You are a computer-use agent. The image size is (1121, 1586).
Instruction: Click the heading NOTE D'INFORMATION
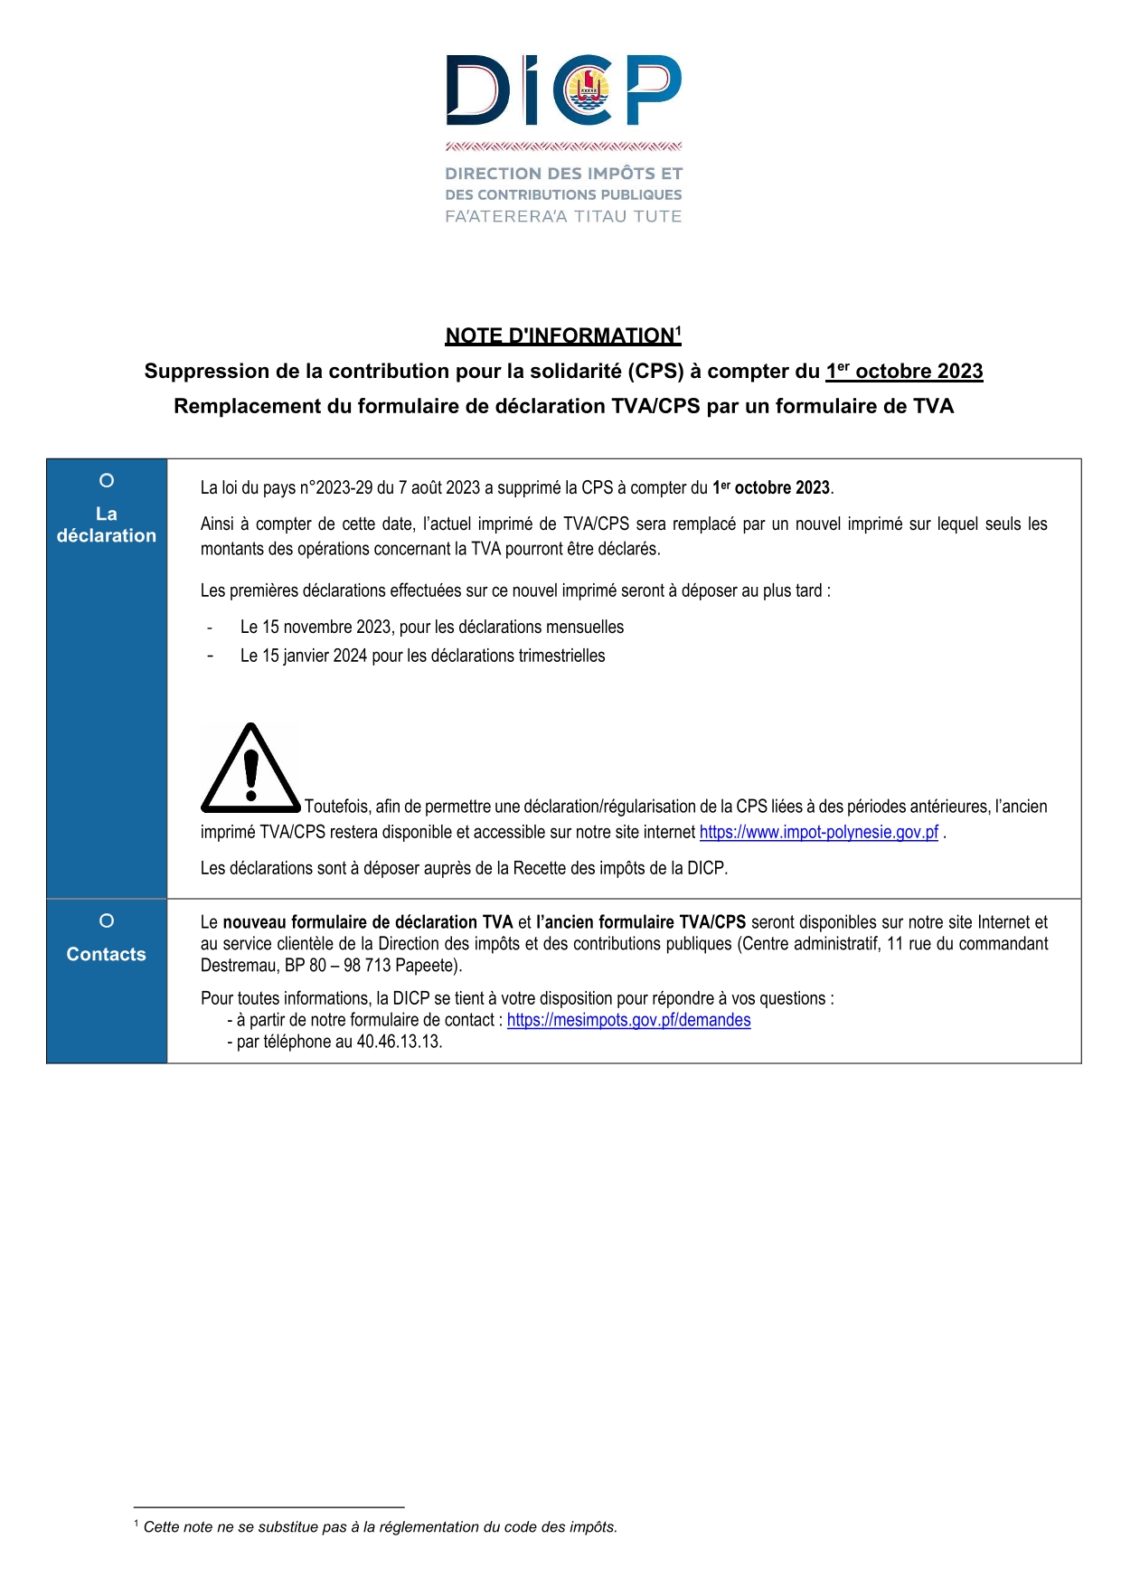[x=560, y=335]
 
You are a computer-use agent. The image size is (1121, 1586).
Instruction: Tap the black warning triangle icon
[x=250, y=768]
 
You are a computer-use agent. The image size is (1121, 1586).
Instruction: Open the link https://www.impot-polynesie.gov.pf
[x=818, y=832]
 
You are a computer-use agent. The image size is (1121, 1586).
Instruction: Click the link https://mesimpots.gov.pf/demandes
[x=628, y=1020]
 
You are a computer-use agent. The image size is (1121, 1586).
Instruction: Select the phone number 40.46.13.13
[x=399, y=1042]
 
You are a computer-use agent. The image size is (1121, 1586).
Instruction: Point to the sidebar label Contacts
[x=106, y=954]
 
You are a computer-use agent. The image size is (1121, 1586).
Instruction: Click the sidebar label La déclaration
[x=106, y=524]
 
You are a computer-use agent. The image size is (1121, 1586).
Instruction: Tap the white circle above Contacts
[x=107, y=920]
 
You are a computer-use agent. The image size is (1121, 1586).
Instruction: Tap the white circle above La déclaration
[x=107, y=480]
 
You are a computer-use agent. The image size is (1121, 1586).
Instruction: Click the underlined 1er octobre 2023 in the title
[x=904, y=371]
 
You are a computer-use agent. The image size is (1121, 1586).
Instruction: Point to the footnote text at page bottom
[x=380, y=1526]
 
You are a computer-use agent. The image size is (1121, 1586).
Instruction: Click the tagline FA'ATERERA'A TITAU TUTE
[x=563, y=216]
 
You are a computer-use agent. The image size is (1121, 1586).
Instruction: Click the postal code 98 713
[x=367, y=965]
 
